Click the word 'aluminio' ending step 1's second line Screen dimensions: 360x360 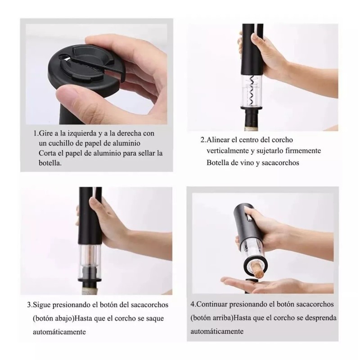(129, 143)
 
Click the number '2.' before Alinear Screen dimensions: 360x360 (203, 140)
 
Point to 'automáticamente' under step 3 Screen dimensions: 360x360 (59, 332)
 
